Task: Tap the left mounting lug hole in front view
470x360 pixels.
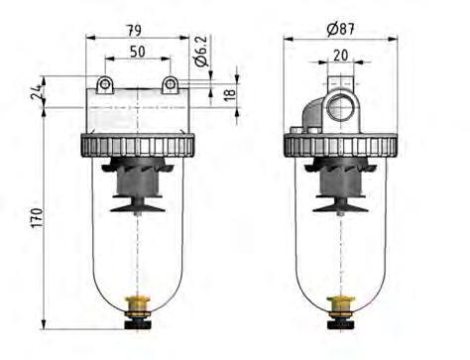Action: coord(103,83)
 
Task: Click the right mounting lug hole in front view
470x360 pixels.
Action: coord(171,83)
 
